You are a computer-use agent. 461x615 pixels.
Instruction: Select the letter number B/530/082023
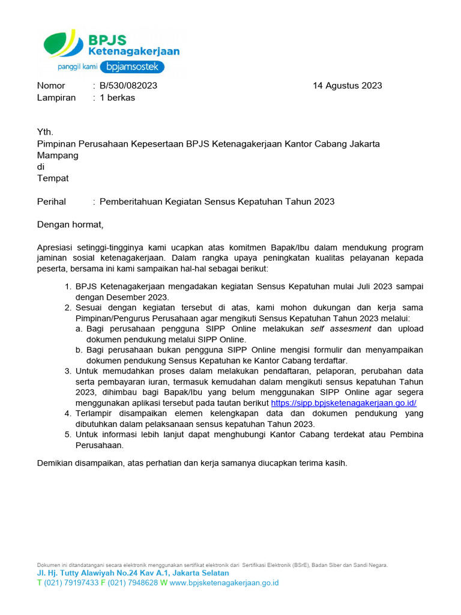pos(128,85)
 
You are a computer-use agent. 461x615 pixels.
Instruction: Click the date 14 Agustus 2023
pos(347,85)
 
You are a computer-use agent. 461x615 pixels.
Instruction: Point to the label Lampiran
pos(56,97)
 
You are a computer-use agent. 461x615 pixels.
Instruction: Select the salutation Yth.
pos(45,132)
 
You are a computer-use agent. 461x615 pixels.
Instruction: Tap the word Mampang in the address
pos(58,155)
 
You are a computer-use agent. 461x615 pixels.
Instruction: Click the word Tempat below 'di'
pos(53,178)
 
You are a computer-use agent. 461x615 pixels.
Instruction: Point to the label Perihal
pos(52,201)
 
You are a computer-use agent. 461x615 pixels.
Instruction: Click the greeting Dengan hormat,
pos(70,225)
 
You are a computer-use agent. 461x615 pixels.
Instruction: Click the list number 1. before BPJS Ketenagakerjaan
pos(68,286)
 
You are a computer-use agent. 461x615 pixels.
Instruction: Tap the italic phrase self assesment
pos(340,329)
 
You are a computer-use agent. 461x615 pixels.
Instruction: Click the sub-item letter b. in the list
pos(79,350)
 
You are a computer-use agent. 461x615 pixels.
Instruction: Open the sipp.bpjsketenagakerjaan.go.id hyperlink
pos(343,403)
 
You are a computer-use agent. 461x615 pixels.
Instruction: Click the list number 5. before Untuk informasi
pos(68,434)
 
